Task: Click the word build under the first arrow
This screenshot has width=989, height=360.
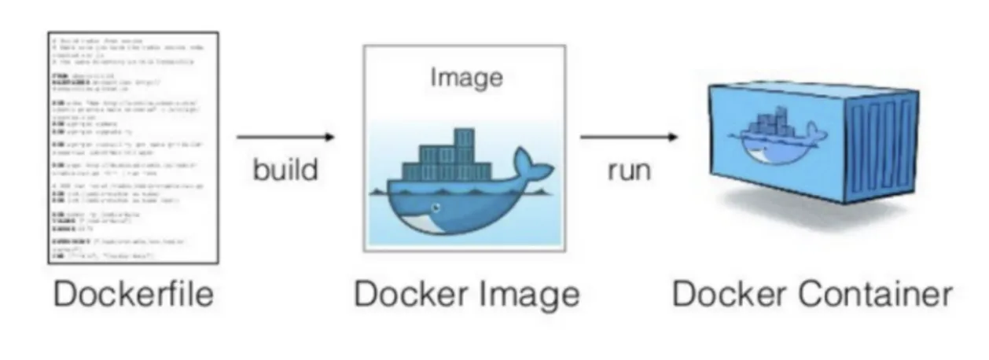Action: click(x=285, y=169)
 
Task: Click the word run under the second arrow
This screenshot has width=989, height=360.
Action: click(x=628, y=169)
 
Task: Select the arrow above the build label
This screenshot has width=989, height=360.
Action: click(x=285, y=138)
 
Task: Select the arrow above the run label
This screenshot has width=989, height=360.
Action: click(x=628, y=138)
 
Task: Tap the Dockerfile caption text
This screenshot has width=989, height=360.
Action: click(x=133, y=294)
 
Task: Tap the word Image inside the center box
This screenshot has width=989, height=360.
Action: click(x=466, y=78)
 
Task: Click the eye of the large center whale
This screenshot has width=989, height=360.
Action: click(x=435, y=208)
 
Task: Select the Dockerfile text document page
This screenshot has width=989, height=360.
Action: click(x=133, y=148)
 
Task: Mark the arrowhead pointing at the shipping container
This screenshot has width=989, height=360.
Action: click(x=672, y=138)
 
